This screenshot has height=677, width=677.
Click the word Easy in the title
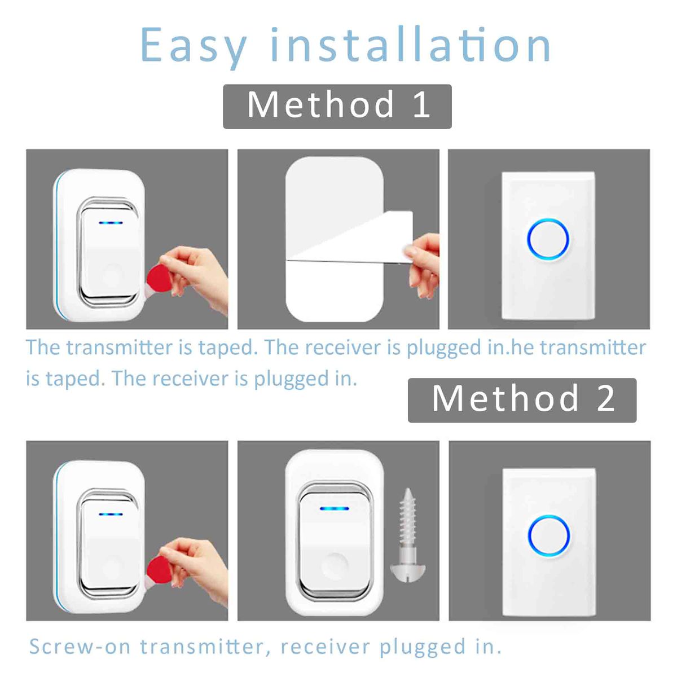click(x=193, y=45)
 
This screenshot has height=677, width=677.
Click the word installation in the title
click(x=410, y=45)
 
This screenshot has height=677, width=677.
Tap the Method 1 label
click(x=337, y=106)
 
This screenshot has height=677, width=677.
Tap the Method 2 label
click(x=522, y=399)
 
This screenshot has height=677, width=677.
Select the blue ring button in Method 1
click(x=548, y=239)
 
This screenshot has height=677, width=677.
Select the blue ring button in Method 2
click(x=549, y=536)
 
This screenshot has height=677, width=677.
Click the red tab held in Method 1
click(x=159, y=280)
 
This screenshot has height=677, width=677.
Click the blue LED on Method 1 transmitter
click(x=111, y=222)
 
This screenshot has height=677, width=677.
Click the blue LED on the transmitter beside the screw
click(x=334, y=508)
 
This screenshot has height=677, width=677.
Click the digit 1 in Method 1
click(x=421, y=106)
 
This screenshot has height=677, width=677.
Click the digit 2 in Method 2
click(x=605, y=399)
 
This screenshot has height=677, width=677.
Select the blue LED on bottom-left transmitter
click(x=111, y=514)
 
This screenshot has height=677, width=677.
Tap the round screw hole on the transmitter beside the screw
click(x=335, y=565)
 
